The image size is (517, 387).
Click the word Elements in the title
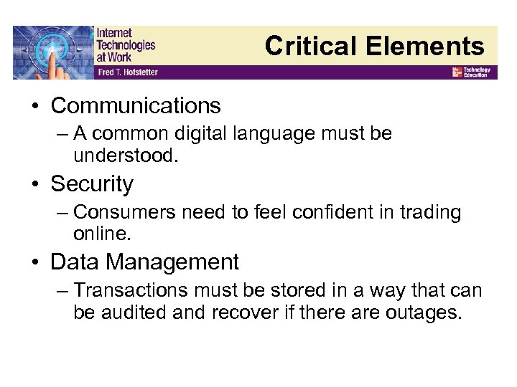pyautogui.click(x=424, y=46)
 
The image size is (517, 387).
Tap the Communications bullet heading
pyautogui.click(x=136, y=105)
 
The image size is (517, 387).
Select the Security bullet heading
pyautogui.click(x=92, y=184)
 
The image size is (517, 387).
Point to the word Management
pyautogui.click(x=172, y=262)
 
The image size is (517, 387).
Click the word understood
pyautogui.click(x=125, y=156)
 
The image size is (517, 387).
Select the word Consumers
pyautogui.click(x=126, y=212)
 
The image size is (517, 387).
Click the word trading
pyautogui.click(x=430, y=213)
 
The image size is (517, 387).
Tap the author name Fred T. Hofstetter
pyautogui.click(x=127, y=72)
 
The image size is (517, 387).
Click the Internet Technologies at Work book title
pyautogui.click(x=125, y=44)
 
